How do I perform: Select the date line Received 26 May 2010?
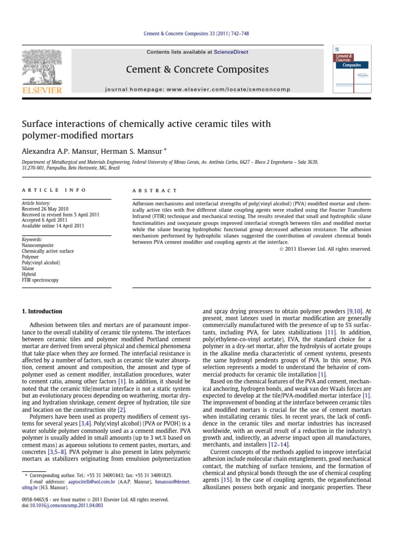click(46, 209)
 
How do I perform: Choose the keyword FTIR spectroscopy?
click(40, 280)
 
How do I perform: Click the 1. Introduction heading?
click(42, 311)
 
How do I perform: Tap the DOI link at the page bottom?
click(62, 506)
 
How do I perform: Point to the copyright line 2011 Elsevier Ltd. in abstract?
click(326, 249)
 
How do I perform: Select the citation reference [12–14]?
click(278, 430)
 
